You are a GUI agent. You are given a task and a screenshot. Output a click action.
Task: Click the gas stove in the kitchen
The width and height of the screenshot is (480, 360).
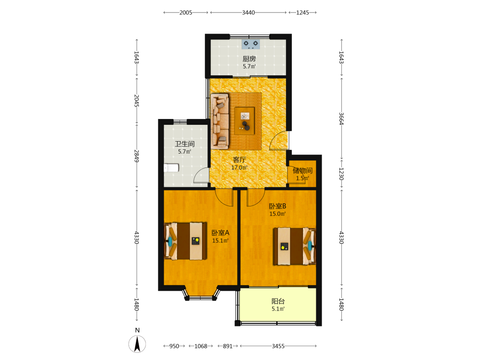(x=251, y=44)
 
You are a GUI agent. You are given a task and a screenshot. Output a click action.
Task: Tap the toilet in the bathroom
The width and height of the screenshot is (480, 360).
(x=171, y=168)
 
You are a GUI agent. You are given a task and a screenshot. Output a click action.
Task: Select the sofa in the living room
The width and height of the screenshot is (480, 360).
(x=220, y=121)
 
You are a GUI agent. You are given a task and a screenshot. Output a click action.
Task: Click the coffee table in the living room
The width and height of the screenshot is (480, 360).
(x=245, y=120)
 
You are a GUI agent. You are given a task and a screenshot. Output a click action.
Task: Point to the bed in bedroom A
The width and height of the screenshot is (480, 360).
(x=185, y=241)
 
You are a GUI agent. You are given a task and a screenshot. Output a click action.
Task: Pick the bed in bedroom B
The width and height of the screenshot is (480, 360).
(x=295, y=246)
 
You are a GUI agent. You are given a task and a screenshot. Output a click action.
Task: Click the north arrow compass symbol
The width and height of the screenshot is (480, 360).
(x=137, y=344)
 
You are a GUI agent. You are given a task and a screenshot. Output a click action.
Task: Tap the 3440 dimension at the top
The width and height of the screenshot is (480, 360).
(x=248, y=12)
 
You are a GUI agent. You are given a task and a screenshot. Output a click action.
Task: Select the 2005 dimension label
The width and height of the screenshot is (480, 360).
(x=186, y=12)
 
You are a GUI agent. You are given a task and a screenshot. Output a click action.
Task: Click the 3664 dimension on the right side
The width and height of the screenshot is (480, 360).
(x=341, y=119)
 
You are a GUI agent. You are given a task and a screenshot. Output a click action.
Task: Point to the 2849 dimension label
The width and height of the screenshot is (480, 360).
(x=136, y=156)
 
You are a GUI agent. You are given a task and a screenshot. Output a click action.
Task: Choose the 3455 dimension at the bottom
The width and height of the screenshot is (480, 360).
(x=278, y=346)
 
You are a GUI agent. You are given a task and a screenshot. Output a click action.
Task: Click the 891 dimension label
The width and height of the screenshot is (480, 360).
(x=228, y=346)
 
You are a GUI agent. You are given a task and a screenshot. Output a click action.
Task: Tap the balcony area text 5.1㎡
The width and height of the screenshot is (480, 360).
(x=278, y=309)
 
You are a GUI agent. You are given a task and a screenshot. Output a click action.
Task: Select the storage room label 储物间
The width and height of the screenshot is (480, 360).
(x=302, y=170)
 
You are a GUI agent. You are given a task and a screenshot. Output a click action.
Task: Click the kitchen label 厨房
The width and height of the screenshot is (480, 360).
(x=249, y=59)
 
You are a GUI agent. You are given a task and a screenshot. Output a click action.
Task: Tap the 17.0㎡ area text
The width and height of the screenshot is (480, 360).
(x=240, y=168)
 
